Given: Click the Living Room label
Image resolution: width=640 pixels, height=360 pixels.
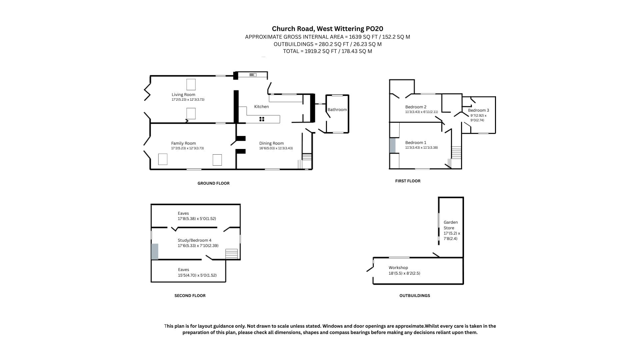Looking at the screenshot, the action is pyautogui.click(x=183, y=95).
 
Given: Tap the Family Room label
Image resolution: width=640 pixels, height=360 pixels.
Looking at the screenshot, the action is pyautogui.click(x=183, y=143).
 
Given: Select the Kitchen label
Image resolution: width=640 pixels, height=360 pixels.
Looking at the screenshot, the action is pyautogui.click(x=261, y=107).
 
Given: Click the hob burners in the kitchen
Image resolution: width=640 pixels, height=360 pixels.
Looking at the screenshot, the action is pyautogui.click(x=262, y=119).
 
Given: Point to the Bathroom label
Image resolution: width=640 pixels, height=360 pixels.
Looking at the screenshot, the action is pyautogui.click(x=337, y=110).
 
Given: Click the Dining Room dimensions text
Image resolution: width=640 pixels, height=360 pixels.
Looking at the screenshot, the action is pyautogui.click(x=276, y=148).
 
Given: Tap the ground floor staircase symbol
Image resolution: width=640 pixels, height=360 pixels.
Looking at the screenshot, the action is pyautogui.click(x=307, y=157).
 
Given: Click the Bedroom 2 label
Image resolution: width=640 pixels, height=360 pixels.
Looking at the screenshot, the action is pyautogui.click(x=416, y=107).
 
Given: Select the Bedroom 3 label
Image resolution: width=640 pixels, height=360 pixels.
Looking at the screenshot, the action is pyautogui.click(x=478, y=110).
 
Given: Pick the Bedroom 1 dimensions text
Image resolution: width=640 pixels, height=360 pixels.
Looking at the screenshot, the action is pyautogui.click(x=422, y=148).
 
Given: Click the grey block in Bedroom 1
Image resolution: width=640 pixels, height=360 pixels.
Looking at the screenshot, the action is pyautogui.click(x=393, y=145).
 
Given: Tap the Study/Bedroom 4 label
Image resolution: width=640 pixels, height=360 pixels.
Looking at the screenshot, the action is pyautogui.click(x=195, y=240).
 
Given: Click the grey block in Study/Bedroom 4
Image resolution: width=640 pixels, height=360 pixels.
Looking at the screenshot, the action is pyautogui.click(x=155, y=252).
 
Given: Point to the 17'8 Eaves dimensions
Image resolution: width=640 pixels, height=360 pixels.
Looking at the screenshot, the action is pyautogui.click(x=197, y=219).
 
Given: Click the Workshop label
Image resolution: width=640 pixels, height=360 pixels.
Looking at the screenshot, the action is pyautogui.click(x=398, y=268).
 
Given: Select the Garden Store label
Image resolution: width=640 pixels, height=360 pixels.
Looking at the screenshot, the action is pyautogui.click(x=451, y=225).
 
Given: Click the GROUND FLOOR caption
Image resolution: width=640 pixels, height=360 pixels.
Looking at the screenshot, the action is pyautogui.click(x=214, y=183).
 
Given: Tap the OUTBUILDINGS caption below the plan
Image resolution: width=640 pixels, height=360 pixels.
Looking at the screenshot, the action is pyautogui.click(x=415, y=296).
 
